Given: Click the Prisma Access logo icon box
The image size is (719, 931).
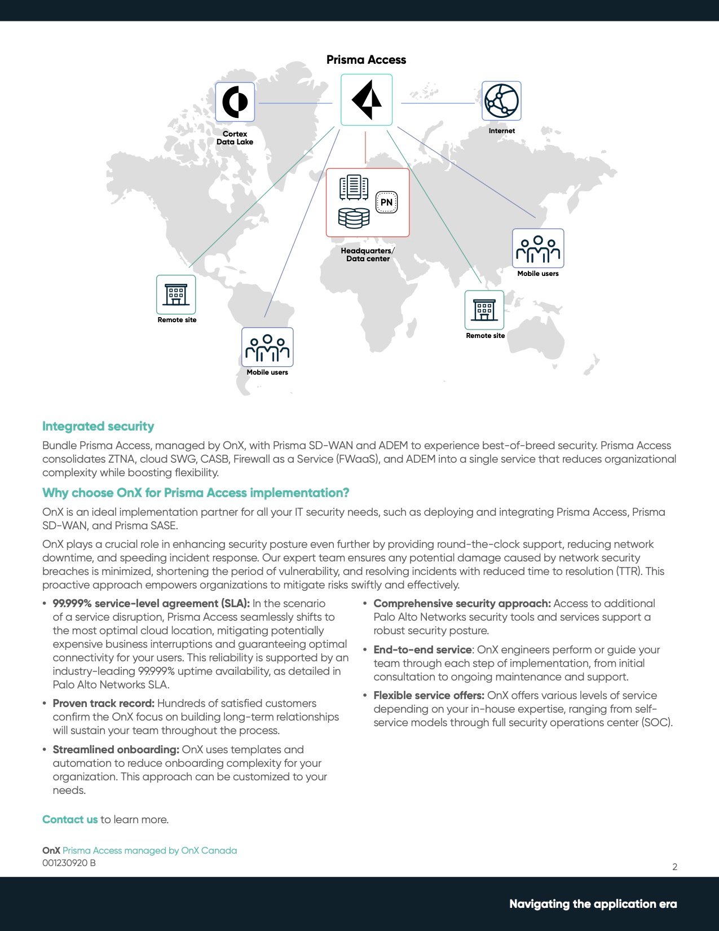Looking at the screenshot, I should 367,100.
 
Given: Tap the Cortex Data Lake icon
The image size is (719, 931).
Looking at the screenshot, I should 235,102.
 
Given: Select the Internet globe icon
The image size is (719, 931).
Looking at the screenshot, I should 501,101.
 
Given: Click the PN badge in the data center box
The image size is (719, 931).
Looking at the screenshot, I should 386,202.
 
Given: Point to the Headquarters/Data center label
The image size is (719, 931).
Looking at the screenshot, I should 368,254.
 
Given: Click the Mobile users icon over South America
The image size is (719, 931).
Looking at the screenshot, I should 267,348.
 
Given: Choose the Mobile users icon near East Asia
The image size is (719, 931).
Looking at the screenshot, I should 538,248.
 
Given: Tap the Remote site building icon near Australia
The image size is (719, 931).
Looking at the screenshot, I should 484,310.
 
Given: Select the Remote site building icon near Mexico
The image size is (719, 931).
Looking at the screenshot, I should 176,295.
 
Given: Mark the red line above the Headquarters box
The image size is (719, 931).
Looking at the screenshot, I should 365,148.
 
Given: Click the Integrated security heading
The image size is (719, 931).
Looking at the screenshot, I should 98,427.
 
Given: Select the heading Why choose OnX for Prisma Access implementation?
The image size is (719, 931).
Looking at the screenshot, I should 196,493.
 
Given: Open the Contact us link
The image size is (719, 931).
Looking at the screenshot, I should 70,820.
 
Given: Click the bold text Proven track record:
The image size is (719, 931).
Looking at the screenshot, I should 103,704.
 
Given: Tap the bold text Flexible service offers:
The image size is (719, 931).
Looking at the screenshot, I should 429,696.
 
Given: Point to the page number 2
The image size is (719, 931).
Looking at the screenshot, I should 674,867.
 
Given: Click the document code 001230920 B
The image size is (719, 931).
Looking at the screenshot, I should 69,863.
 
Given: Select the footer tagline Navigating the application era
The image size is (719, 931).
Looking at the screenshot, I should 593,904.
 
